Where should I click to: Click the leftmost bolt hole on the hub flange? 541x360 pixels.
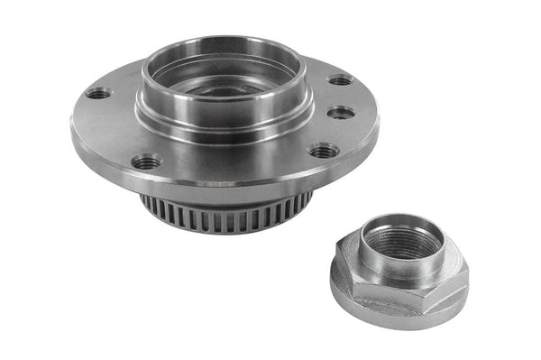pos(99,93)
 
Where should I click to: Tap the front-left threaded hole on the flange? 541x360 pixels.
pos(145,162)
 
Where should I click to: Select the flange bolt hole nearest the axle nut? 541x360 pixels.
pos(324,150)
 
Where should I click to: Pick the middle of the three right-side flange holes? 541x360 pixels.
pos(340,113)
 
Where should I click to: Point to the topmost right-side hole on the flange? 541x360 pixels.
pos(340,80)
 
